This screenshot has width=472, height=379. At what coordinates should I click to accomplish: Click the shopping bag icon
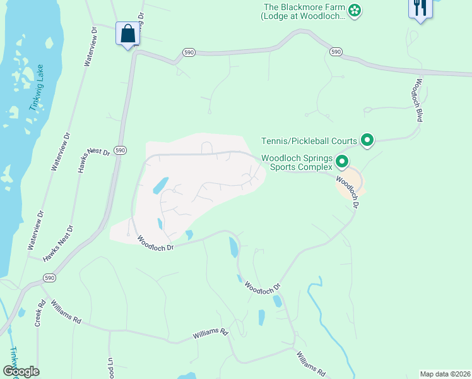point(128,34)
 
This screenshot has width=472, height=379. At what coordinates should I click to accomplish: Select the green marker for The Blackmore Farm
point(355,9)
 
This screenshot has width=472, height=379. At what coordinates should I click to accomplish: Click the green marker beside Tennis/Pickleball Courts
point(366,140)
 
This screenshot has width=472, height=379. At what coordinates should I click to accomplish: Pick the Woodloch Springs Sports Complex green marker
point(341,162)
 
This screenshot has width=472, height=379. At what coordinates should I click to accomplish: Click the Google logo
point(21,371)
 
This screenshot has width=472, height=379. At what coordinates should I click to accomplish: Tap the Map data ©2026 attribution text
point(444,373)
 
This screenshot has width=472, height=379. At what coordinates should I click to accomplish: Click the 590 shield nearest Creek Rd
point(48,277)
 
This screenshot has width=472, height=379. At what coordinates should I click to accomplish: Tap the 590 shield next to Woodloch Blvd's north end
point(336,52)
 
